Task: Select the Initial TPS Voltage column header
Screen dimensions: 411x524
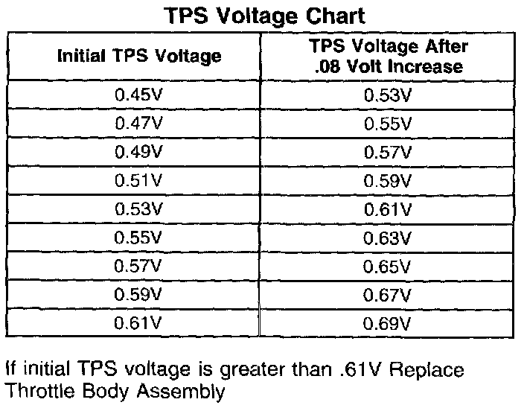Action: pyautogui.click(x=139, y=56)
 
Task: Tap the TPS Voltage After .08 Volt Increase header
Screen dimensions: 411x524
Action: pyautogui.click(x=388, y=56)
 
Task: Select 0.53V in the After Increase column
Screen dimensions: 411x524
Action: pyautogui.click(x=388, y=95)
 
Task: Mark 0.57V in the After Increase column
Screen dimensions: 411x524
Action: pyautogui.click(x=388, y=153)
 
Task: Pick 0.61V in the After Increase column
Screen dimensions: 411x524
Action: pyautogui.click(x=388, y=209)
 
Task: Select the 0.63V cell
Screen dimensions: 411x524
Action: pyautogui.click(x=388, y=238)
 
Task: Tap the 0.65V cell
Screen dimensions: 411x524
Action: pyautogui.click(x=388, y=267)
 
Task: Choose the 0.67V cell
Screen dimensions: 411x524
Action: pyautogui.click(x=388, y=295)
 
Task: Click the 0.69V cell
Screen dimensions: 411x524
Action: pyautogui.click(x=388, y=323)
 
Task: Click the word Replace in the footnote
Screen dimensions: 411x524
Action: pyautogui.click(x=426, y=370)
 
